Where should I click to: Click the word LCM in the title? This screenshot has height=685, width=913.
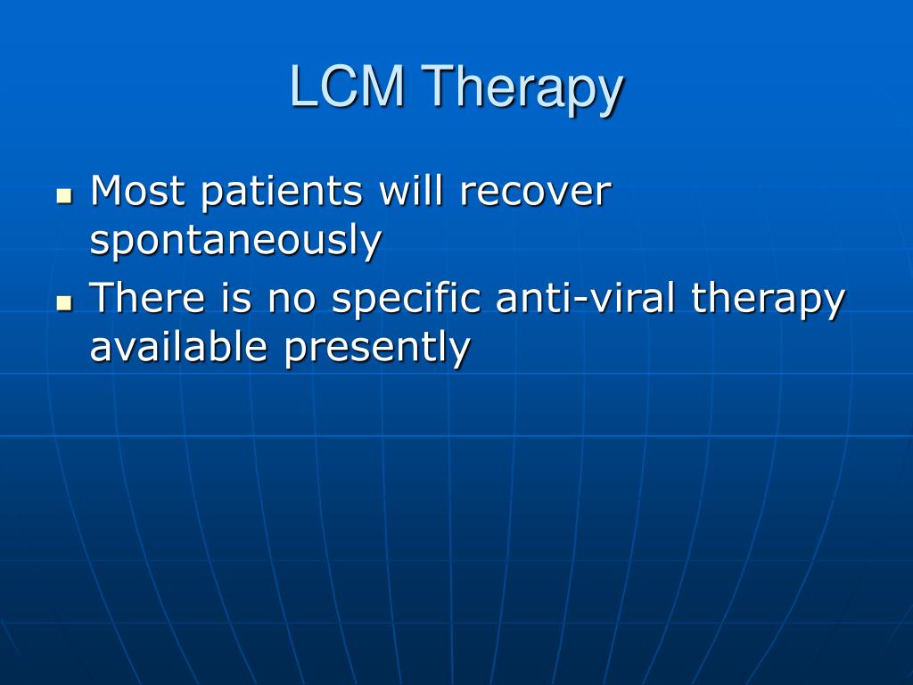click(347, 86)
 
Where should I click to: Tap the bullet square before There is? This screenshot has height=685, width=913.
click(64, 302)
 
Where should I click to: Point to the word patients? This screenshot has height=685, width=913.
click(282, 194)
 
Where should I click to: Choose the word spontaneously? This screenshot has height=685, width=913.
click(235, 241)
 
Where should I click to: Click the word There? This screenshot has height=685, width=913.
click(147, 297)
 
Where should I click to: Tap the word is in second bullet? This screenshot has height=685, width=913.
click(236, 297)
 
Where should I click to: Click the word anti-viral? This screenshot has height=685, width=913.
click(585, 297)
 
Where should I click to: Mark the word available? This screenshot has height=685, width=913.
click(178, 346)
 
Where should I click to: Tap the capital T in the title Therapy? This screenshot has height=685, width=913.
click(436, 86)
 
